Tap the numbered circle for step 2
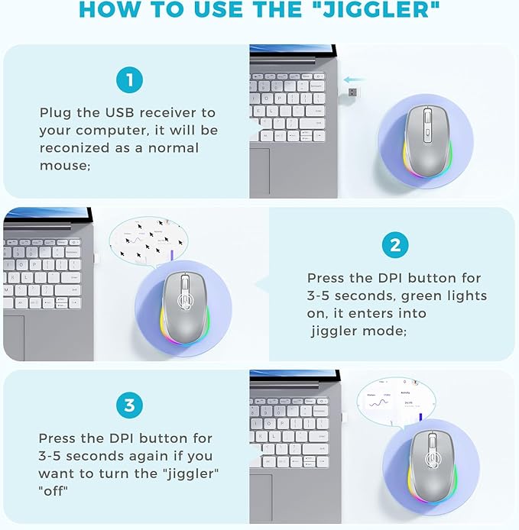tap(394, 245)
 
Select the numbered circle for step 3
tap(126, 406)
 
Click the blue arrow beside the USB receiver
tap(354, 79)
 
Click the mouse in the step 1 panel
tap(424, 141)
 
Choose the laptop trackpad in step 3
tap(260, 497)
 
